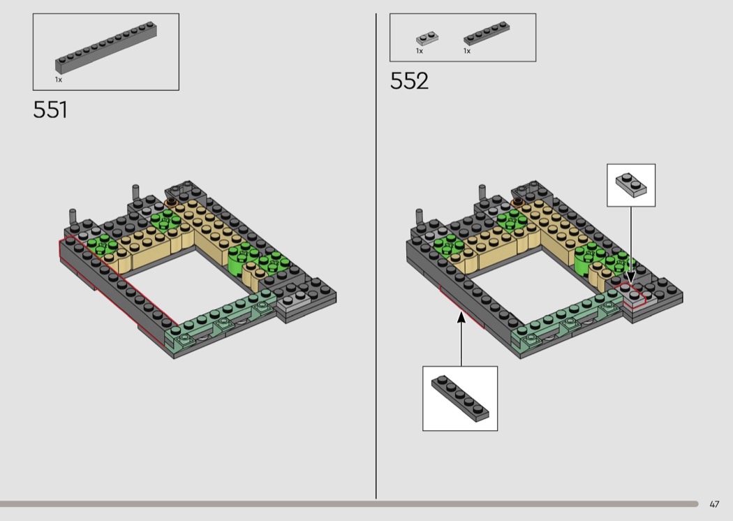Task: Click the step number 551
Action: coord(50,110)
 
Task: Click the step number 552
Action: coord(409,80)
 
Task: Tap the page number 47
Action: coord(714,504)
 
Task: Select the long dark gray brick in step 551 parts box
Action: coord(106,47)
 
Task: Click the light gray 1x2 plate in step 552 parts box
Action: coord(427,38)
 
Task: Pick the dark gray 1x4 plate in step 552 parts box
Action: coord(487,33)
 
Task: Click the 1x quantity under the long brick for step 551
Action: coord(59,80)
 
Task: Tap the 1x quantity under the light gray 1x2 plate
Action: coord(420,51)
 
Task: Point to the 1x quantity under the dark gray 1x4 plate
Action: coord(467,51)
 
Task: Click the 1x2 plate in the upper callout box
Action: coord(631,185)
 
